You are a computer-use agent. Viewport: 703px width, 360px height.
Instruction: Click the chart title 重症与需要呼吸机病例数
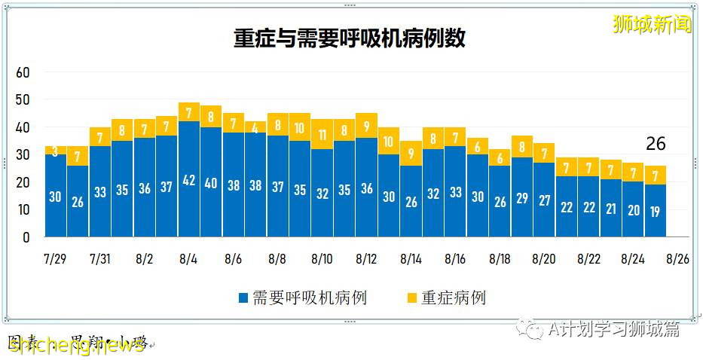[x=350, y=38]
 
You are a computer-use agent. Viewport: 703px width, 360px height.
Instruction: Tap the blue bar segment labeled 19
[x=654, y=211]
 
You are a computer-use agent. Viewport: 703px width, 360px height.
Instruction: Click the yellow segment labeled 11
[x=322, y=135]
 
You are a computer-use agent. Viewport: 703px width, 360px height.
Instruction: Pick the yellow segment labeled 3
[x=55, y=151]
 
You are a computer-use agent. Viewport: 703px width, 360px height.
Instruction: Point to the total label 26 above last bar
[x=656, y=144]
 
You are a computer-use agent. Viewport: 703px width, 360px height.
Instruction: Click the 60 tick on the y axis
[x=23, y=72]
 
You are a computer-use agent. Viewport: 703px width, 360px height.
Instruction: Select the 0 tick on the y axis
[x=26, y=237]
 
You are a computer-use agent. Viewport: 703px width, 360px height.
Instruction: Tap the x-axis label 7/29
[x=57, y=259]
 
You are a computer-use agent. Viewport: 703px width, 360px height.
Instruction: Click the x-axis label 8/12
[x=365, y=259]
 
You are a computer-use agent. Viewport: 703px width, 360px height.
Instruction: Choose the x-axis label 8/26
[x=677, y=259]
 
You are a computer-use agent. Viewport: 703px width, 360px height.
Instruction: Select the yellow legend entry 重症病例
[x=445, y=297]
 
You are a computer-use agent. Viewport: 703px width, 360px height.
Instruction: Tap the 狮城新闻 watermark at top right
[x=653, y=24]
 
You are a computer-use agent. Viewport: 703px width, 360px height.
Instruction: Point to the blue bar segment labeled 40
[x=211, y=182]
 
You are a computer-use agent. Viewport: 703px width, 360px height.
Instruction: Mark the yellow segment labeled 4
[x=255, y=127]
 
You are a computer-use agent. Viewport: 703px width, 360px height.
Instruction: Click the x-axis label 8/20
[x=543, y=259]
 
